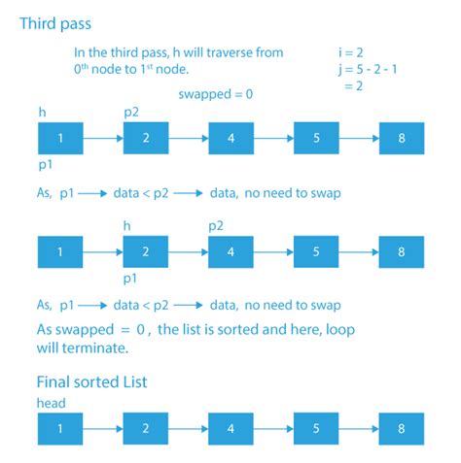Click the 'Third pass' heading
(55, 24)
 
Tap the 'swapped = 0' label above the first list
(216, 94)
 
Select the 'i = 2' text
(351, 52)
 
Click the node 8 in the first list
(402, 138)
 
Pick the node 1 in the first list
(60, 138)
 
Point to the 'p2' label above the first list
(131, 113)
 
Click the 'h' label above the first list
(42, 113)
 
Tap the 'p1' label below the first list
(46, 165)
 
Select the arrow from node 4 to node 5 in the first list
(273, 139)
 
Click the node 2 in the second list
(146, 251)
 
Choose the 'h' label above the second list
(127, 226)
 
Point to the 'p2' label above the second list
(216, 226)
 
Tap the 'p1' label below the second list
(130, 279)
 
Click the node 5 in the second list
(316, 251)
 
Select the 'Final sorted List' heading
(91, 381)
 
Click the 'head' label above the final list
(52, 403)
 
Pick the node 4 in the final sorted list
(230, 429)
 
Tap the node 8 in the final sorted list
(402, 429)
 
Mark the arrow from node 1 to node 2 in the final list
(103, 429)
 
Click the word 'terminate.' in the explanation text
(95, 348)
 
